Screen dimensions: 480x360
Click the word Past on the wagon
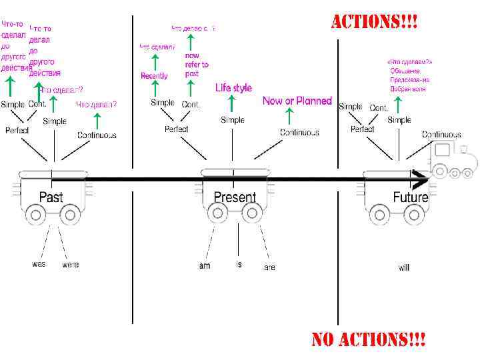51,197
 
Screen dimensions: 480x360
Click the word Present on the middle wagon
235,197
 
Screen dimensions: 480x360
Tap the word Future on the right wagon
410,197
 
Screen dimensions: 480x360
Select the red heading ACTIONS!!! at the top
375,22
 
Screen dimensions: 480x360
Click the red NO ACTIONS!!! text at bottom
369,339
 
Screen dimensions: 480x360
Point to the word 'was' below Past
39,264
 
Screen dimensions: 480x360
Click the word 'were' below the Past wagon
70,265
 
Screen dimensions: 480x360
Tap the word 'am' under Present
205,266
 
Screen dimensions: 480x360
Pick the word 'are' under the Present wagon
269,267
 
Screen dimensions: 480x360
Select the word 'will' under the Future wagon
404,267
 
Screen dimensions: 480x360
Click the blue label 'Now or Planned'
297,101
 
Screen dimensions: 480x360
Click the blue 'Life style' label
233,88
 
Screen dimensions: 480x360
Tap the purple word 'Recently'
154,76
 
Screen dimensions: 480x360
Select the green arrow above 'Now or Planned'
289,116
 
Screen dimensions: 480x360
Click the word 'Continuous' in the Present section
299,133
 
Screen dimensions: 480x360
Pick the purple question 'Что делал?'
96,105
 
